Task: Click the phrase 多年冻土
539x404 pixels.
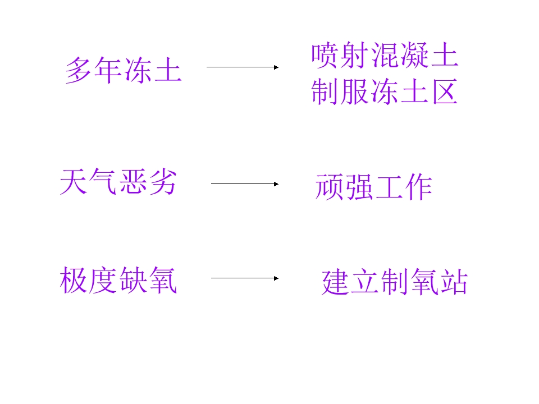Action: tap(124, 70)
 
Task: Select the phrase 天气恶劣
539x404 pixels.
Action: tap(118, 182)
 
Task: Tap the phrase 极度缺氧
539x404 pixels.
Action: tap(118, 281)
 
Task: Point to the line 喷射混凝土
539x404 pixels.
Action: tap(385, 55)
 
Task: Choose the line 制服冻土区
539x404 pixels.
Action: tap(384, 91)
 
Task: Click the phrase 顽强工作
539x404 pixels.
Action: tap(374, 186)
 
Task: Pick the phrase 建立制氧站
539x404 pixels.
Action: tap(395, 282)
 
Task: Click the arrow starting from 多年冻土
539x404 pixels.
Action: tap(243, 67)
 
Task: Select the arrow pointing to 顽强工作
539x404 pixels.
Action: tap(245, 184)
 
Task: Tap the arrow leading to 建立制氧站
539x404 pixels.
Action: tap(245, 278)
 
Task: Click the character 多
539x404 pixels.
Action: tap(79, 70)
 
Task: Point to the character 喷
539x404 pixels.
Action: tap(324, 55)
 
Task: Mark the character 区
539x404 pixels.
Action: tap(445, 91)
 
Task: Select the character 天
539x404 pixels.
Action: tap(73, 182)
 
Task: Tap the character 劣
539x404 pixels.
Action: tap(163, 182)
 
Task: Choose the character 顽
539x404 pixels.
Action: tap(329, 186)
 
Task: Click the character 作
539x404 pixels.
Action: tap(419, 186)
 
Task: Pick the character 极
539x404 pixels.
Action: tap(74, 281)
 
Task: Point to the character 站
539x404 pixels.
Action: tap(454, 282)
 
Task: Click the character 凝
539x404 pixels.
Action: tap(414, 55)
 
